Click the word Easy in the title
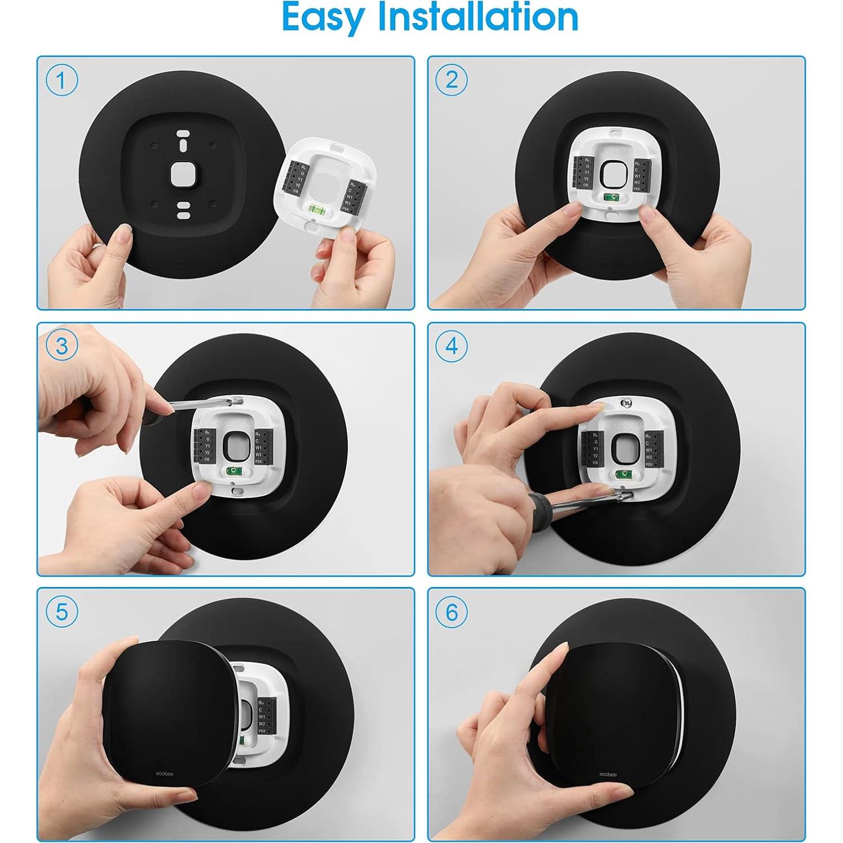coord(323,18)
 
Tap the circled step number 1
coord(61,80)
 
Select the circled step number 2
coord(451,80)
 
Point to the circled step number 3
coord(61,346)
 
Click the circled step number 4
coord(451,346)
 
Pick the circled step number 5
coord(61,612)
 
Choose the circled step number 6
coord(451,612)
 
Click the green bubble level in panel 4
coord(623,474)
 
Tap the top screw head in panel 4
coord(624,403)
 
